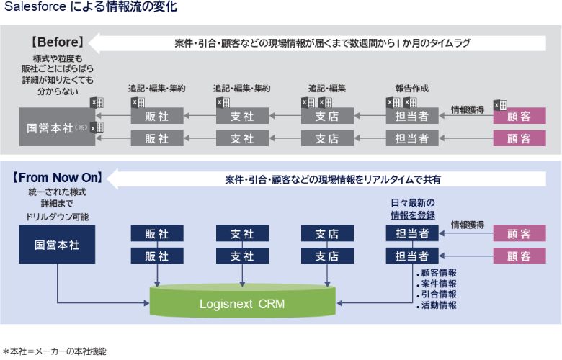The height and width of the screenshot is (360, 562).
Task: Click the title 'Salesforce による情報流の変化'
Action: click(90, 8)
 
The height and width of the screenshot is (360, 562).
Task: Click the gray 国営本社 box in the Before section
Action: click(57, 128)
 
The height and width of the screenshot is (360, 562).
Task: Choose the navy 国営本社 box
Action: click(57, 244)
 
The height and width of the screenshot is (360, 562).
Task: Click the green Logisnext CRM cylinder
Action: click(242, 303)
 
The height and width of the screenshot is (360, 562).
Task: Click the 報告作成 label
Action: click(411, 89)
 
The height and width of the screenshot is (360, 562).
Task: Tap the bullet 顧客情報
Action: click(437, 273)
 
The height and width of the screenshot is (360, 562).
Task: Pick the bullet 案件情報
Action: click(437, 284)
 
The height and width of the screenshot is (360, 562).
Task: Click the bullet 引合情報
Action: click(437, 294)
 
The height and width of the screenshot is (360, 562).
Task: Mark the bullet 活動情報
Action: click(437, 305)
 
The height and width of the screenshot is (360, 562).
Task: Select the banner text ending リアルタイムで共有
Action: click(332, 178)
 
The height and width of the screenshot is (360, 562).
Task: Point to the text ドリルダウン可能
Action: click(57, 216)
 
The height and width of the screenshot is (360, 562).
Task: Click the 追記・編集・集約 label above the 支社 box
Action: click(241, 89)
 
